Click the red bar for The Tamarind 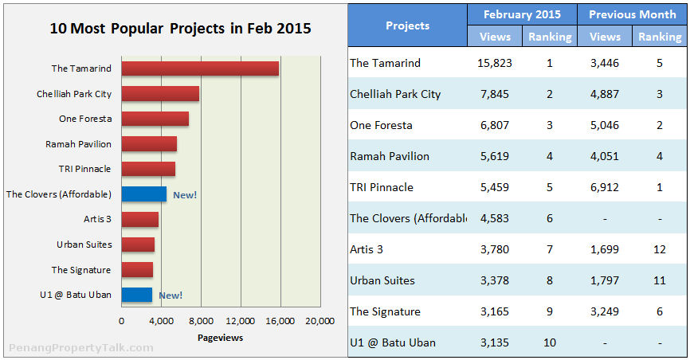pos(199,68)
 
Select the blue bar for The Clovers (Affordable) pos(143,194)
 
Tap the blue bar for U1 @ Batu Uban pos(136,295)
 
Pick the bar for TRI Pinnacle pos(148,169)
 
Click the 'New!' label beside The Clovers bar pos(185,194)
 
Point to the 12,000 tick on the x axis pos(240,321)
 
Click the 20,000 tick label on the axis pos(320,321)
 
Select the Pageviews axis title pos(220,338)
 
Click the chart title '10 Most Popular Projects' pos(180,29)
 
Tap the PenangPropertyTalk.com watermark pos(80,348)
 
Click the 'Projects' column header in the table pos(407,25)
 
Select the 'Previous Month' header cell pos(633,14)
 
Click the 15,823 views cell pos(495,63)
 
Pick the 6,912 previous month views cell pos(604,187)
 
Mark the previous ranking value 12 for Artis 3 pos(659,249)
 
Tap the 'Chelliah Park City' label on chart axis pos(74,94)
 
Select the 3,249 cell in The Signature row pos(604,311)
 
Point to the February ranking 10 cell pos(550,342)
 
